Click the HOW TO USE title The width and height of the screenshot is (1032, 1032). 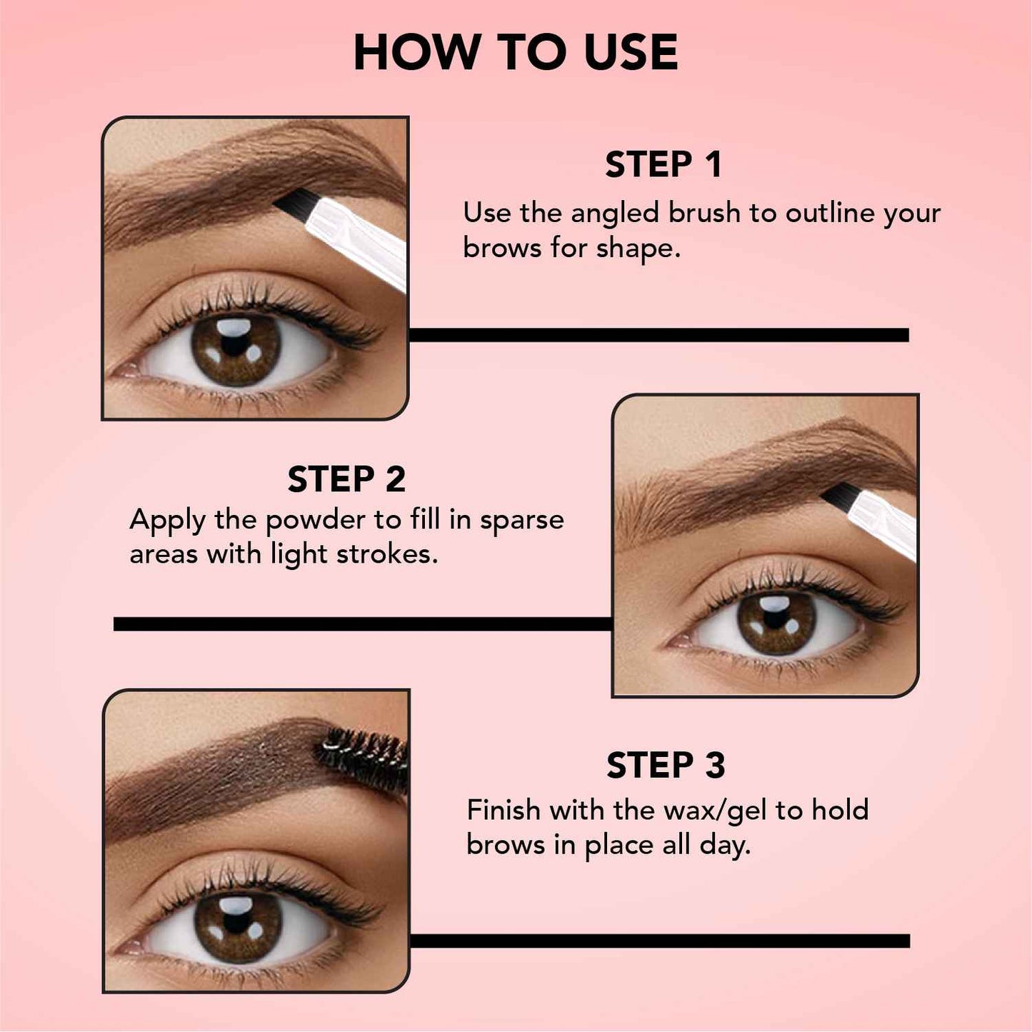[516, 53]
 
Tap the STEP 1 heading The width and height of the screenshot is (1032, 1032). [663, 165]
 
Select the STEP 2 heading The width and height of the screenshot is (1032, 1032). [346, 479]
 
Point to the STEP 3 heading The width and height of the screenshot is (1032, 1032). [666, 766]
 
